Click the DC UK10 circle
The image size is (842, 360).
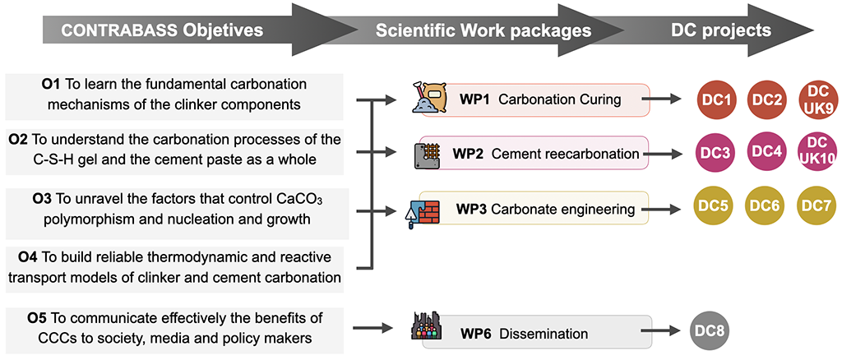tap(817, 153)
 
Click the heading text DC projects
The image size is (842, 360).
tap(720, 31)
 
